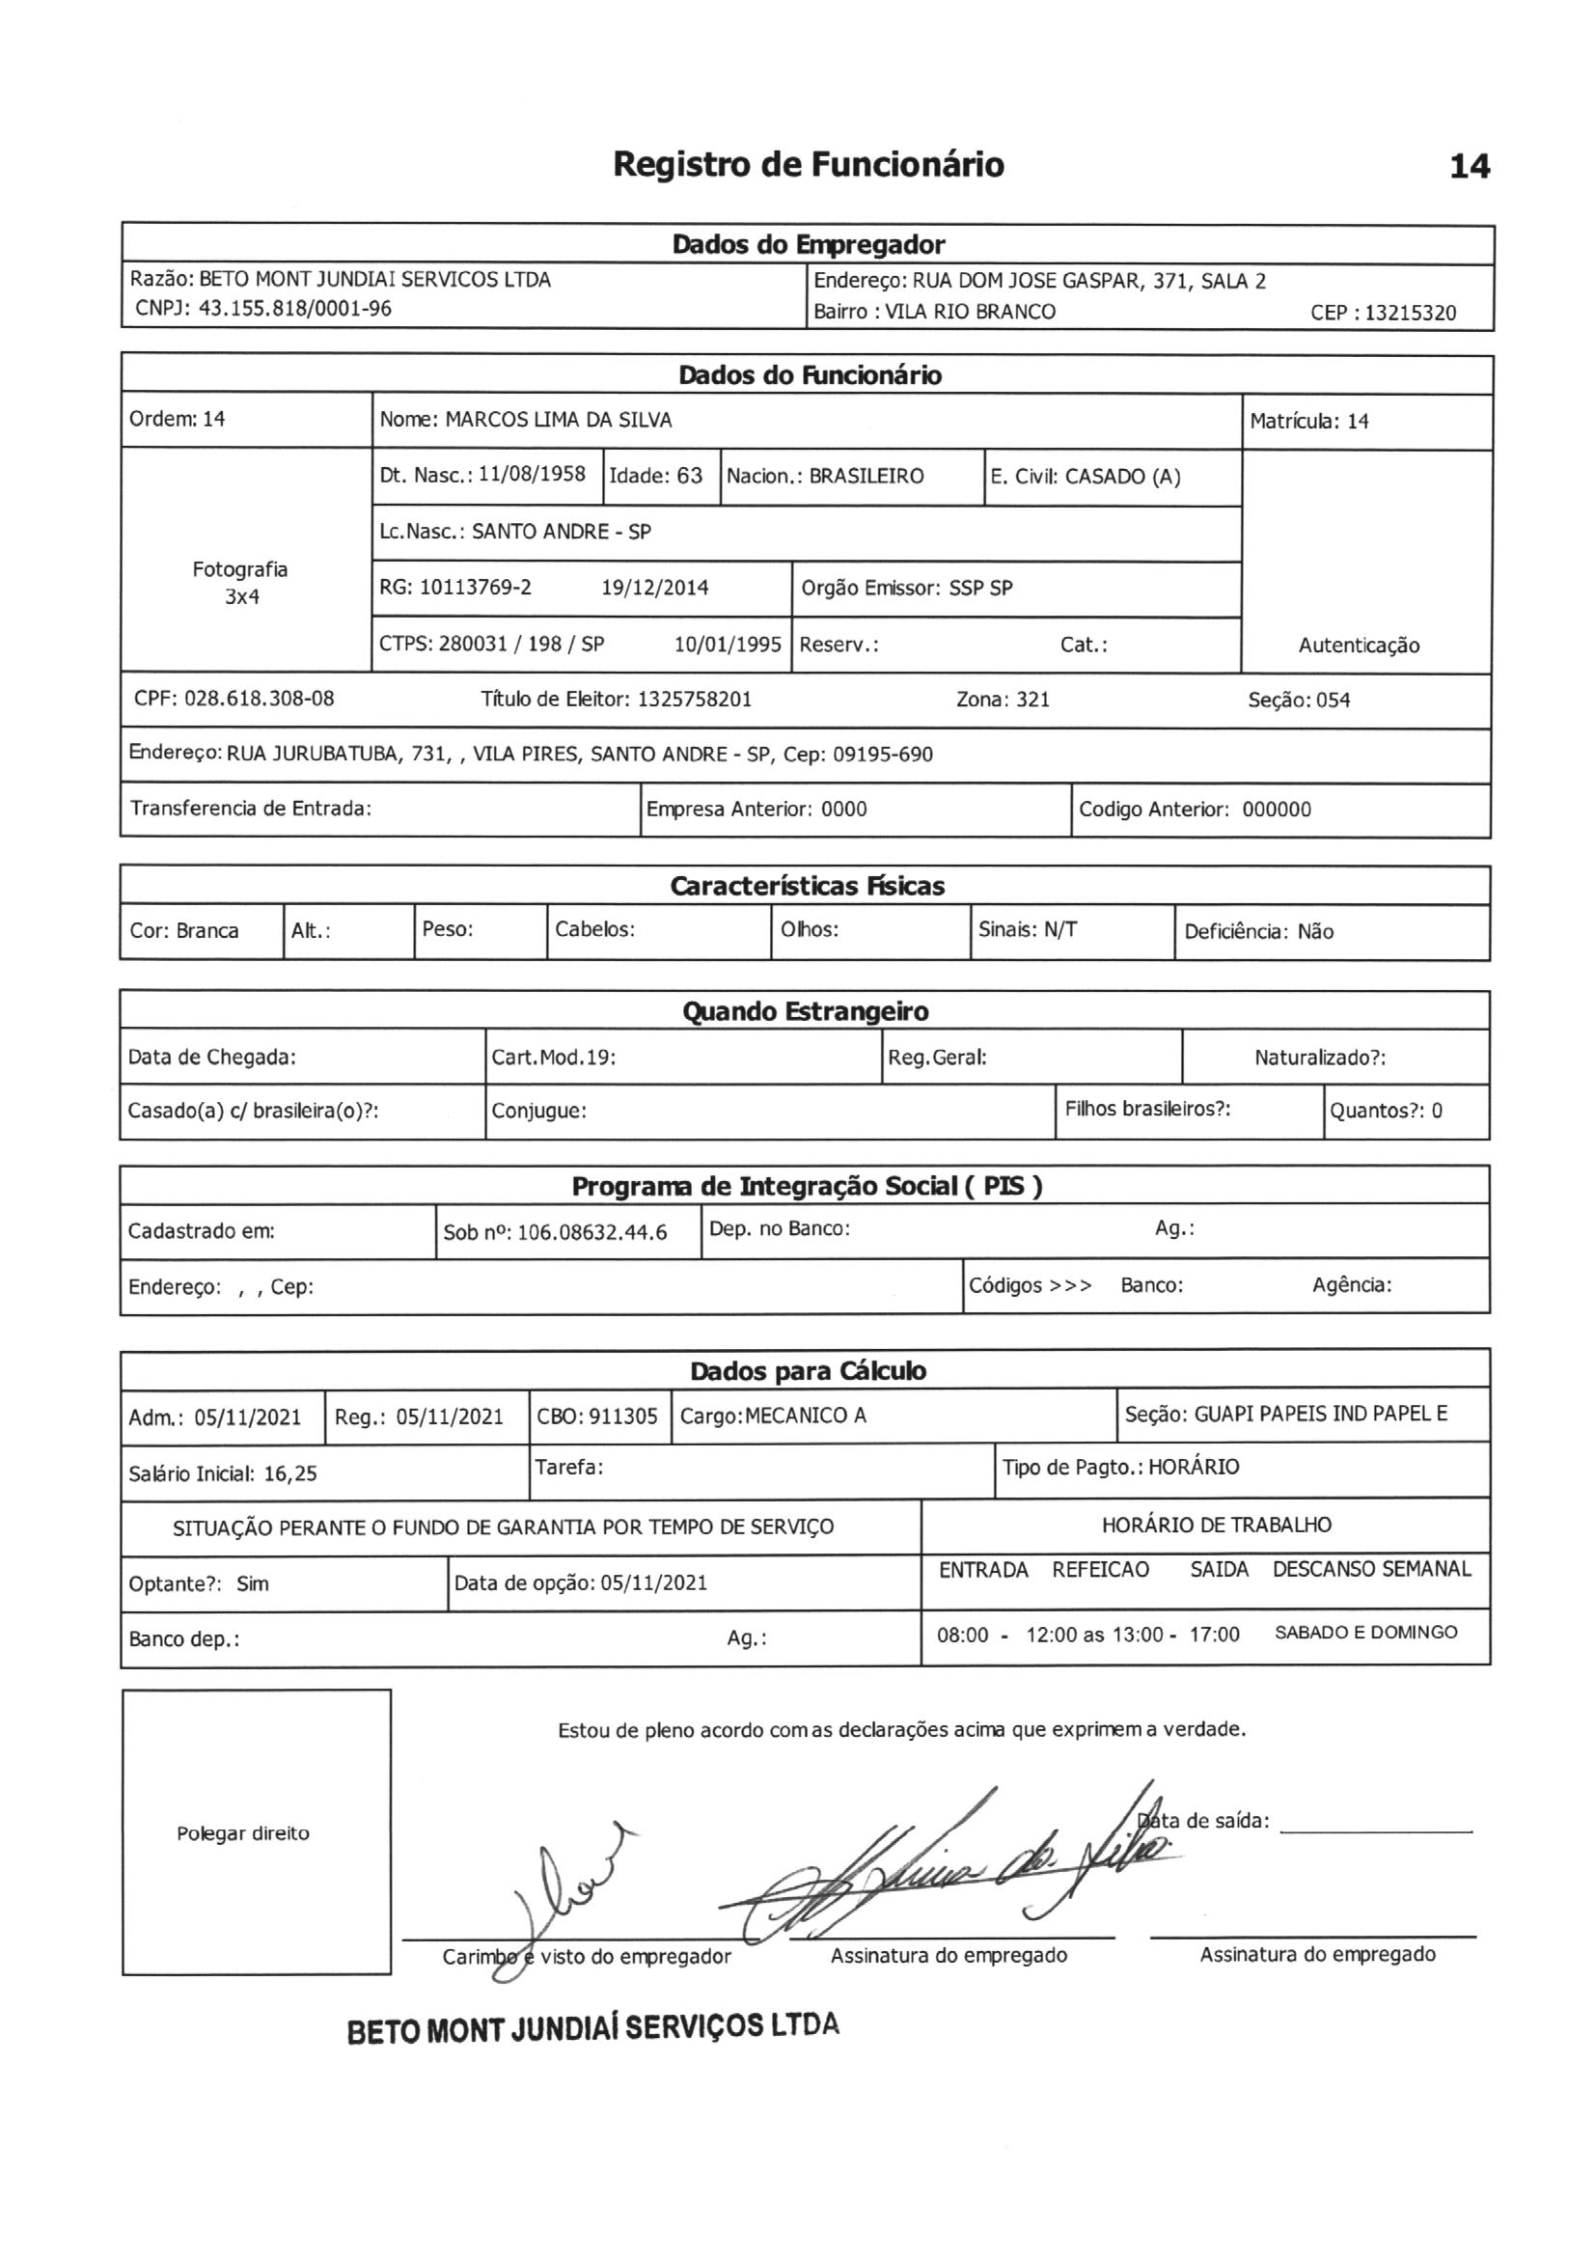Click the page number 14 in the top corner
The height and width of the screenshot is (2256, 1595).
(1470, 167)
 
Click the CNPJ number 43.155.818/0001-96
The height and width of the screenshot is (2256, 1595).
(295, 309)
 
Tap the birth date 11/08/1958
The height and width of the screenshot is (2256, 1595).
(532, 475)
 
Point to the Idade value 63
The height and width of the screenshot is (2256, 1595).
(689, 477)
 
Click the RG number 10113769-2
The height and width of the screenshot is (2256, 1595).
(475, 588)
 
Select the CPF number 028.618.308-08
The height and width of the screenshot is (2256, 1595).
(260, 699)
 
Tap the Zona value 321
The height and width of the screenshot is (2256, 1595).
(1031, 700)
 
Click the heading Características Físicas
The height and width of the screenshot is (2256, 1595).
(807, 886)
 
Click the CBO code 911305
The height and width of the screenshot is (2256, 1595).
(623, 1416)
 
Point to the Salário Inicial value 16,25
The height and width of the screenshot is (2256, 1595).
(289, 1472)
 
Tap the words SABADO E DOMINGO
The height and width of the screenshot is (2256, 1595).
(1366, 1632)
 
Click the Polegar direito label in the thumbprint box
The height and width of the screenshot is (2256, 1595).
(243, 1833)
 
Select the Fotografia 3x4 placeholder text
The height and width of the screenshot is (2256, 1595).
(241, 583)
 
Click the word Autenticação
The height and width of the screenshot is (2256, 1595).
(1359, 646)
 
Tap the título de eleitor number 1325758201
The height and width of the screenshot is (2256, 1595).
(694, 700)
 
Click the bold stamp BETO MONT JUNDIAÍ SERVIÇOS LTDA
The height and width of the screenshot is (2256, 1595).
(592, 2028)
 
